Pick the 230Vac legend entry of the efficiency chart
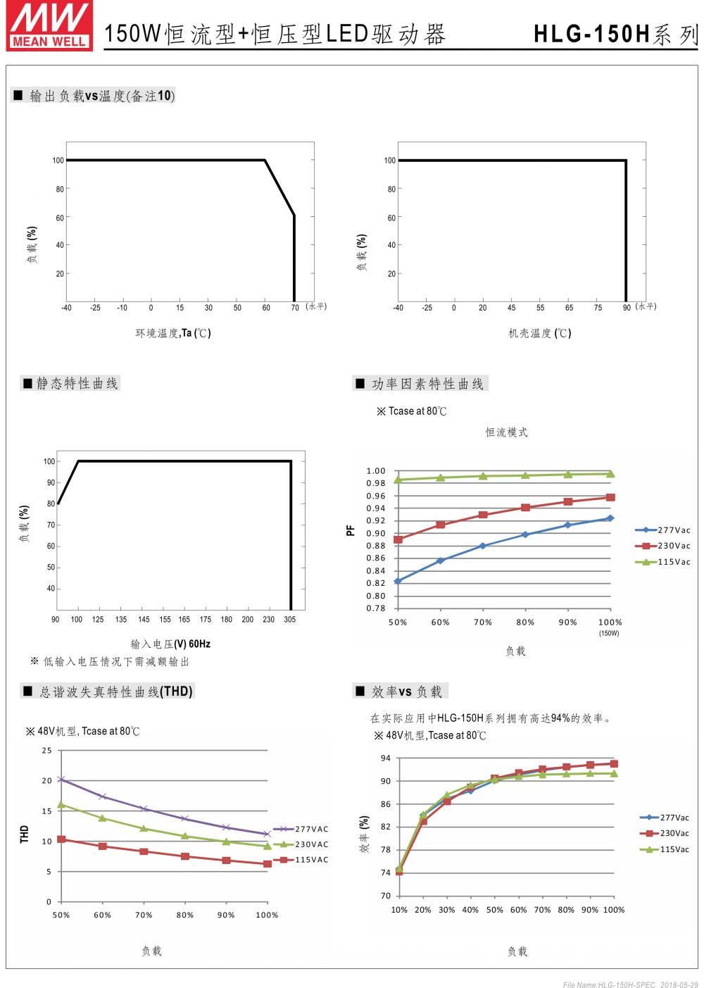pyautogui.click(x=665, y=833)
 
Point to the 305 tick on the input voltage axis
pyautogui.click(x=290, y=620)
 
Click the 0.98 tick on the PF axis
pyautogui.click(x=376, y=483)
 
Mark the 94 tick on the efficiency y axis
pyautogui.click(x=385, y=758)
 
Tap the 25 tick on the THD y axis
pyautogui.click(x=46, y=751)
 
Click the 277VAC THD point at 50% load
pyautogui.click(x=61, y=780)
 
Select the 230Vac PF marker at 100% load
pyautogui.click(x=610, y=497)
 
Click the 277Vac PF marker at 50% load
pyautogui.click(x=398, y=581)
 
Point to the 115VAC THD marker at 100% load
pyautogui.click(x=268, y=863)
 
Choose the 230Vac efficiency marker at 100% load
pyautogui.click(x=614, y=763)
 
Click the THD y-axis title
pyautogui.click(x=25, y=834)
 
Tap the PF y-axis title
pyautogui.click(x=351, y=532)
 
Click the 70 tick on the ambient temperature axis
pyautogui.click(x=295, y=308)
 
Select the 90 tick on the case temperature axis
pyautogui.click(x=627, y=308)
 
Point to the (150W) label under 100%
pyautogui.click(x=610, y=634)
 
